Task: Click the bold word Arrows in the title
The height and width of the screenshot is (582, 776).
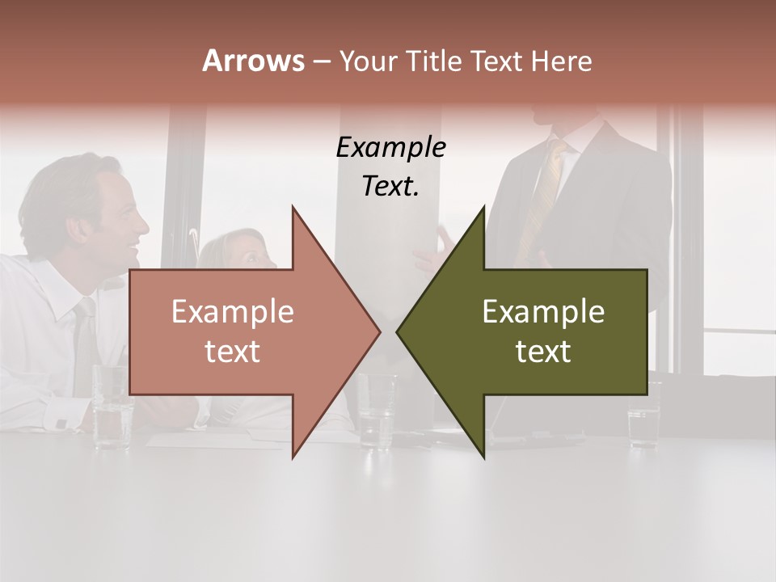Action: coord(253,61)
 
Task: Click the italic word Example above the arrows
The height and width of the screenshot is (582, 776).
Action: coord(390,148)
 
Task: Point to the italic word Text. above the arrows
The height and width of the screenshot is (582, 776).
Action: coord(390,187)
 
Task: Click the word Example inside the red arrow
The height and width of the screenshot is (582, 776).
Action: coord(233,312)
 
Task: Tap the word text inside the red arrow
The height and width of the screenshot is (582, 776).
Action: coord(233,352)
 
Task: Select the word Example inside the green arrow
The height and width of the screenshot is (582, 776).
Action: coord(543,312)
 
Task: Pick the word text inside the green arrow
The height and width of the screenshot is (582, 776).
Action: coord(543,352)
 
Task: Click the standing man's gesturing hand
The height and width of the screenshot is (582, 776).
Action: coord(433,251)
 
